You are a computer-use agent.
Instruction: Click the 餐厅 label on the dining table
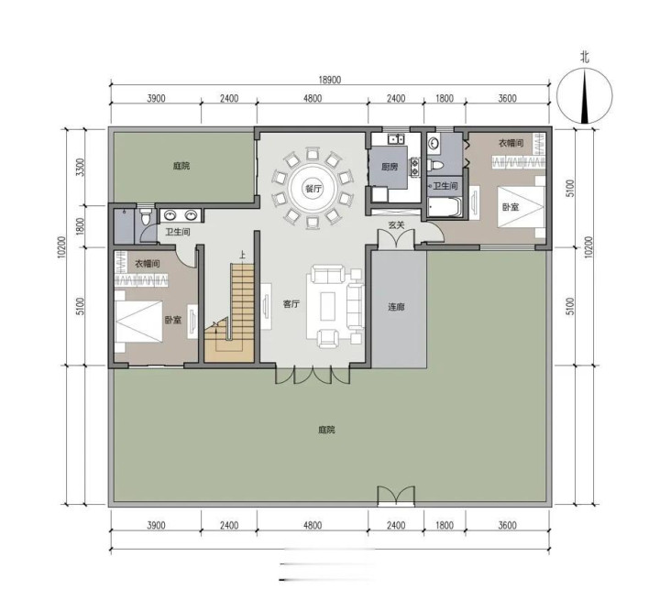(x=313, y=189)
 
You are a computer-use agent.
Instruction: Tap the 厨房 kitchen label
(x=390, y=167)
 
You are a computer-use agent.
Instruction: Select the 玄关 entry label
(x=396, y=225)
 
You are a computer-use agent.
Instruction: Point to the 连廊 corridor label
(x=396, y=307)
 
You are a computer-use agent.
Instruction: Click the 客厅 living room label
(x=291, y=303)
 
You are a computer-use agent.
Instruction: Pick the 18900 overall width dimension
(x=330, y=80)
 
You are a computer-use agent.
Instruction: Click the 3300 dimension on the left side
(x=81, y=167)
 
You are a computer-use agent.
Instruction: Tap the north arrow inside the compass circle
(x=585, y=97)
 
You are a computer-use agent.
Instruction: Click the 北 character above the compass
(x=585, y=57)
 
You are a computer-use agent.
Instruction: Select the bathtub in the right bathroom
(x=445, y=207)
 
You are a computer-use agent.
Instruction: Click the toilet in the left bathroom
(x=146, y=216)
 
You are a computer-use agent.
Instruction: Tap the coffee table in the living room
(x=328, y=306)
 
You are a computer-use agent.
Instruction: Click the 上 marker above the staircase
(x=242, y=255)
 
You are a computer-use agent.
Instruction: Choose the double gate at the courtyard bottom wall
(x=396, y=496)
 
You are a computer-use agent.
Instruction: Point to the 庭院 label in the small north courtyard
(x=181, y=166)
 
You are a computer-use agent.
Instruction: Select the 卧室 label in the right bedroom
(x=511, y=207)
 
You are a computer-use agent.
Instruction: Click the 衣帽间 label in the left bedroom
(x=148, y=264)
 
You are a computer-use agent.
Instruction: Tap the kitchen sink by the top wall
(x=396, y=138)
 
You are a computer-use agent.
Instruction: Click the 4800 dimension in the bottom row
(x=313, y=525)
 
